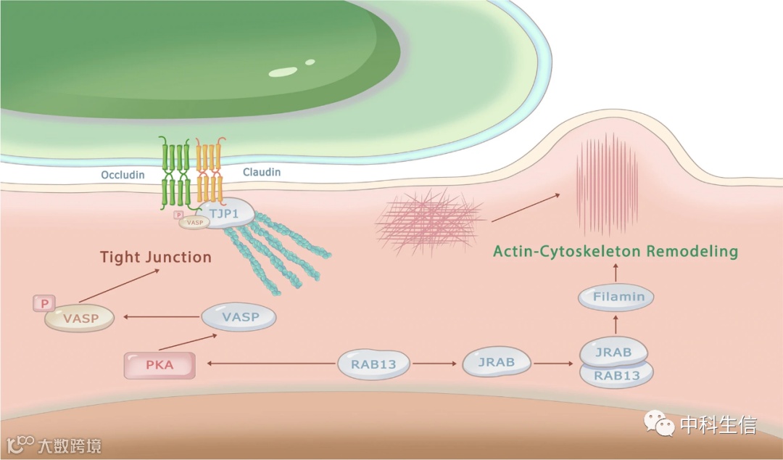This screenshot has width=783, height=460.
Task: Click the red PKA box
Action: [160, 365]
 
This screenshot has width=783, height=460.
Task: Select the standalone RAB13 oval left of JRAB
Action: [373, 364]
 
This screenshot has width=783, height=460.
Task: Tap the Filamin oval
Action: [616, 297]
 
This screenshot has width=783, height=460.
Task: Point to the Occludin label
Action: [123, 175]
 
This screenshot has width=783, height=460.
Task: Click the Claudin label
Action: [261, 173]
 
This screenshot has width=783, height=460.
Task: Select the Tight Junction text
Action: [156, 257]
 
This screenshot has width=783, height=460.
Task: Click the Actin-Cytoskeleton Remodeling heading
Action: [615, 252]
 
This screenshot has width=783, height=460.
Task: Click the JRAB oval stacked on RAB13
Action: [613, 352]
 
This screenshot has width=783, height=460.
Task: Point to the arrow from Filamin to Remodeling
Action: [616, 273]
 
